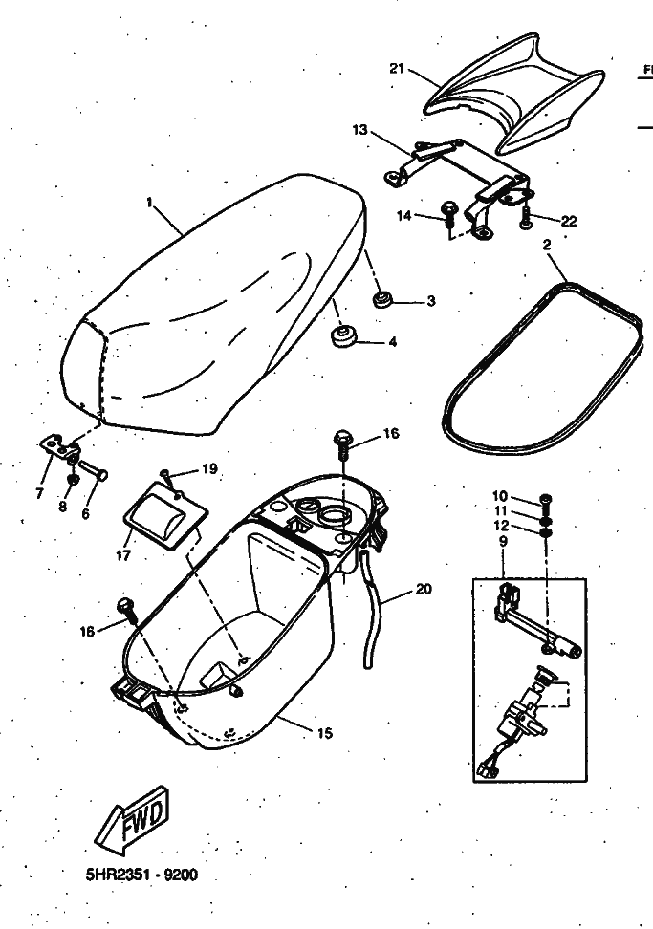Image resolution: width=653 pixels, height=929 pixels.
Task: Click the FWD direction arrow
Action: (135, 817)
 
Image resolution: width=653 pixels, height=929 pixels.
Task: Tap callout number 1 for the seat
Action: (149, 202)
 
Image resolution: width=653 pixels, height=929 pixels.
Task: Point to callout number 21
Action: (398, 69)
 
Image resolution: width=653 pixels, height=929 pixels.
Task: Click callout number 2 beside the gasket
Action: (546, 246)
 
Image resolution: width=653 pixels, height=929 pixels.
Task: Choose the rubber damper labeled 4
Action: (342, 336)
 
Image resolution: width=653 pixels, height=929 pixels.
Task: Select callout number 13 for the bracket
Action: (359, 129)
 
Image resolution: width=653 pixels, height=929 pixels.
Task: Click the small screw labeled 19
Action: (167, 473)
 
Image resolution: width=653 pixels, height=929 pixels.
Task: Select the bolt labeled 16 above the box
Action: (341, 441)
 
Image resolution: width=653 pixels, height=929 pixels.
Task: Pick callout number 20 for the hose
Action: (423, 589)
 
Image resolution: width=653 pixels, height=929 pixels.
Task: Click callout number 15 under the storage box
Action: (325, 733)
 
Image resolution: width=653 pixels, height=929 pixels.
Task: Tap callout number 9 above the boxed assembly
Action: (503, 540)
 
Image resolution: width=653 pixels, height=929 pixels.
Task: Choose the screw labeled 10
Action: (545, 498)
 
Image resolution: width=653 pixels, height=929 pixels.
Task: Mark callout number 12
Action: (502, 526)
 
